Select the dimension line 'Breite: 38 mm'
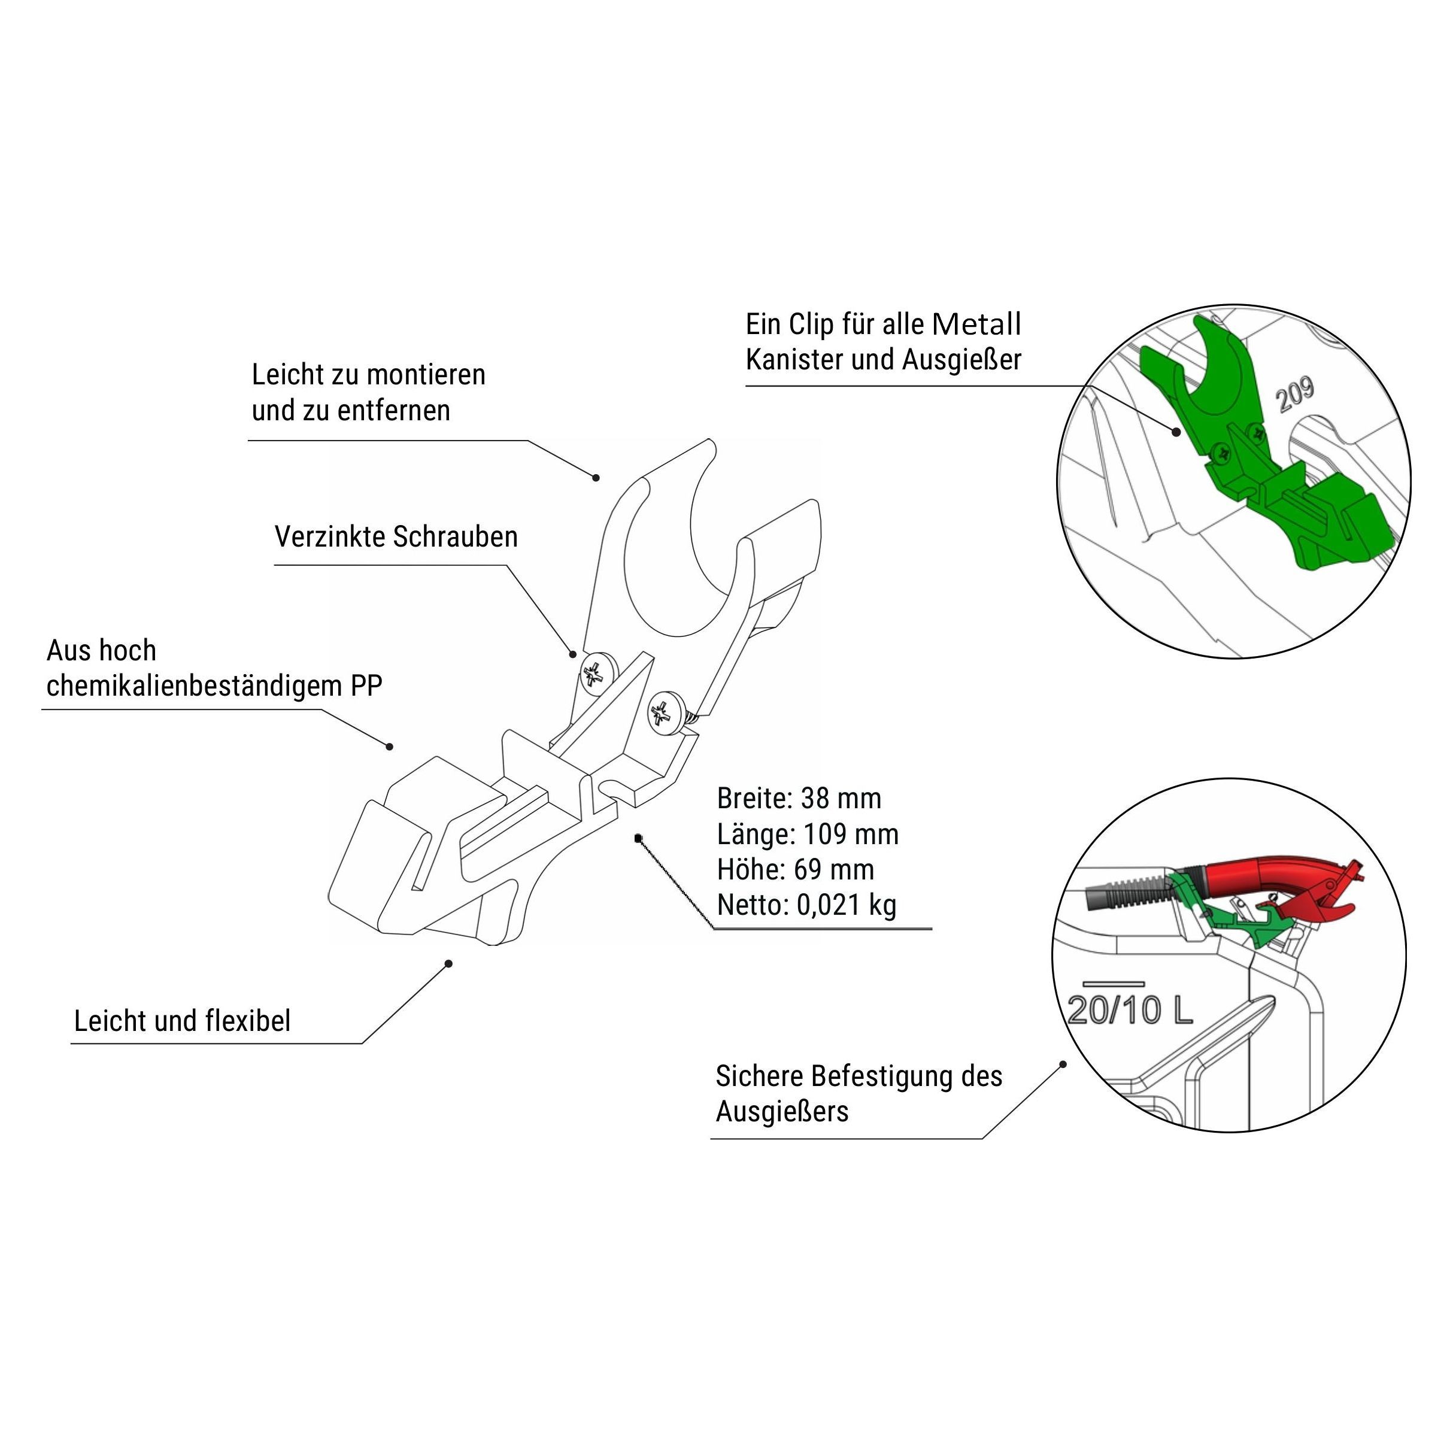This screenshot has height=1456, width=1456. point(799,799)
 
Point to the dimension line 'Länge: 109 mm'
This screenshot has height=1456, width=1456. point(808,834)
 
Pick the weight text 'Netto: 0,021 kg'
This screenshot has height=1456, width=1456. point(806,905)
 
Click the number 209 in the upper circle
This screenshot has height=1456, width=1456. point(1296,394)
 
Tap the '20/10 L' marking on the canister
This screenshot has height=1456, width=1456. point(1130,1010)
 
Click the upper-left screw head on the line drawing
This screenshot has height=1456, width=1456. point(597,671)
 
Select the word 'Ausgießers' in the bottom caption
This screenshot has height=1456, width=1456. point(782,1112)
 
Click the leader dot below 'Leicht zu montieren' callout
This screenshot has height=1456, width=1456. point(596,477)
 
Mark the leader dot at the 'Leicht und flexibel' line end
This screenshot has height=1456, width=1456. point(449,963)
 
